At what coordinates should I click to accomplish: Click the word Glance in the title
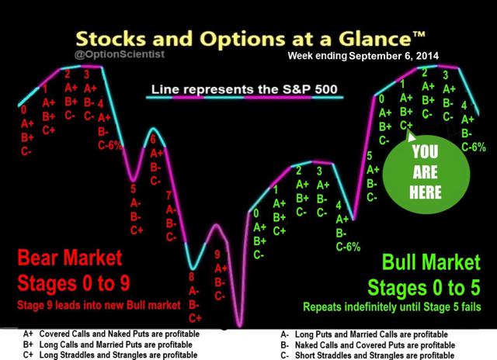pyautogui.click(x=375, y=39)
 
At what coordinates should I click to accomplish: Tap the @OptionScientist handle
pyautogui.click(x=120, y=54)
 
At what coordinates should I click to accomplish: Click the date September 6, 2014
pyautogui.click(x=394, y=56)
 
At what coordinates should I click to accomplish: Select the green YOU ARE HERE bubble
pyautogui.click(x=426, y=172)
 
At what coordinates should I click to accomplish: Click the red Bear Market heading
pyautogui.click(x=70, y=258)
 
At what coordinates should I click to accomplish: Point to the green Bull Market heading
pyautogui.click(x=431, y=261)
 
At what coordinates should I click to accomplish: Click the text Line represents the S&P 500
pyautogui.click(x=244, y=89)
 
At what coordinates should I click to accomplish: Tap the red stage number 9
pyautogui.click(x=217, y=254)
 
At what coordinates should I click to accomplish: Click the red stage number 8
pyautogui.click(x=192, y=277)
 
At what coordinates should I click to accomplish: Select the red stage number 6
pyautogui.click(x=153, y=139)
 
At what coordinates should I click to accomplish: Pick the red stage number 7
pyautogui.click(x=169, y=196)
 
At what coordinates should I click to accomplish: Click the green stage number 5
pyautogui.click(x=370, y=156)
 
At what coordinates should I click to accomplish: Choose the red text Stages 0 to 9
pyautogui.click(x=74, y=282)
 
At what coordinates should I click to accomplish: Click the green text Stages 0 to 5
pyautogui.click(x=424, y=288)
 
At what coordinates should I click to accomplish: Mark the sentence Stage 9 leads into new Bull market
pyautogui.click(x=99, y=305)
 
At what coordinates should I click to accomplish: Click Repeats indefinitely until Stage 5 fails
pyautogui.click(x=392, y=306)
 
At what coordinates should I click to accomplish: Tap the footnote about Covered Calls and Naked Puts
pyautogui.click(x=111, y=334)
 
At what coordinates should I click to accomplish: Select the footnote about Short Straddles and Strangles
pyautogui.click(x=367, y=355)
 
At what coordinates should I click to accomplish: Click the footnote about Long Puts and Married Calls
pyautogui.click(x=364, y=334)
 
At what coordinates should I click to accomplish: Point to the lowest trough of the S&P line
pyautogui.click(x=240, y=325)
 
